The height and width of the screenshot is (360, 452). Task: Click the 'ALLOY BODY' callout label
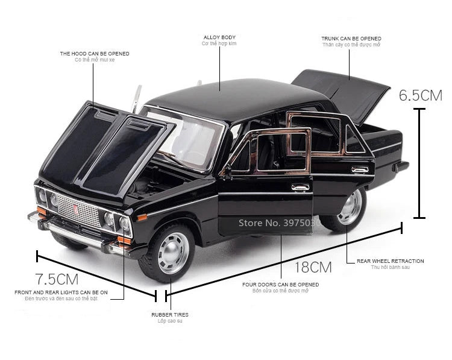pyautogui.click(x=219, y=37)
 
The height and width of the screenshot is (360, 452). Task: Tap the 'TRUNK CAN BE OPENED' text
pyautogui.click(x=351, y=39)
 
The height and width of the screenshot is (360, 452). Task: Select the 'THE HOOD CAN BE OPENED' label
pyautogui.click(x=94, y=54)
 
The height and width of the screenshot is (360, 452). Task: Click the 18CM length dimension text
pyautogui.click(x=313, y=267)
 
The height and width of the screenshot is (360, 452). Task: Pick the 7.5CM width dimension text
pyautogui.click(x=57, y=279)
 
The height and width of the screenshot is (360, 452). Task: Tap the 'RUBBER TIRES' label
pyautogui.click(x=169, y=314)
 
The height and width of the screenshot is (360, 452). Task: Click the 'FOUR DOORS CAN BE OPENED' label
pyautogui.click(x=280, y=284)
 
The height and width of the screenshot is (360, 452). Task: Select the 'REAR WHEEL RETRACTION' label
pyautogui.click(x=390, y=261)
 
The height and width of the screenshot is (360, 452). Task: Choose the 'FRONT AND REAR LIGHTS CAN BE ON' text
pyautogui.click(x=61, y=292)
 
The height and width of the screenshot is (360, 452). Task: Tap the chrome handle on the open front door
pyautogui.click(x=300, y=188)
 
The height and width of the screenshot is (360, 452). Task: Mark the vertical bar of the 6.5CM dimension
pyautogui.click(x=421, y=163)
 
